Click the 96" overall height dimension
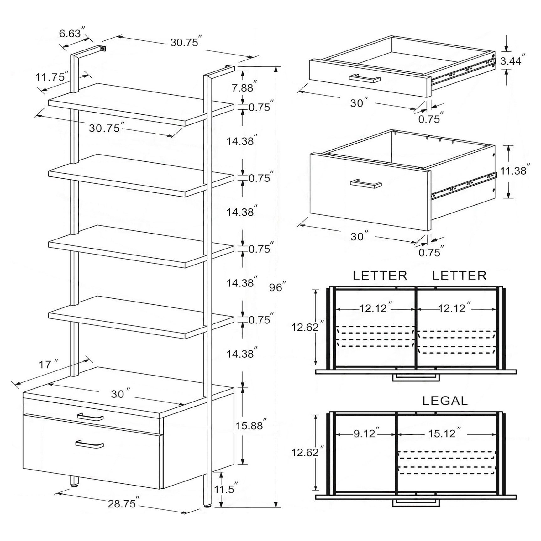click(277, 287)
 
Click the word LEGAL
click(445, 401)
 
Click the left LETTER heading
click(380, 276)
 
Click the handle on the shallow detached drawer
click(365, 78)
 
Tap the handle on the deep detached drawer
click(366, 184)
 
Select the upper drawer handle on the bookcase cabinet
click(90, 417)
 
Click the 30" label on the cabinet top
click(120, 394)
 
